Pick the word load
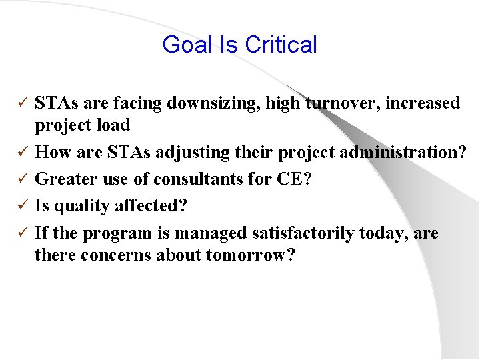click(115, 125)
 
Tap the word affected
click(151, 206)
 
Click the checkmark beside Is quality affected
click(21, 206)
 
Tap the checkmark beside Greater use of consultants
click(21, 179)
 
